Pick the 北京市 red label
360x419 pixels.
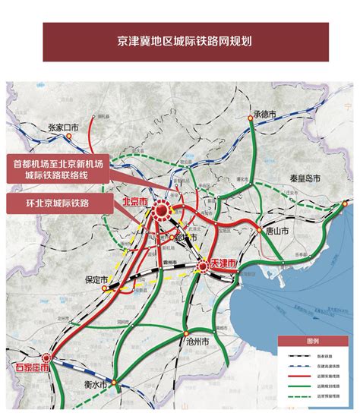coord(137,202)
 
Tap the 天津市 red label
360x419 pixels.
coord(222,261)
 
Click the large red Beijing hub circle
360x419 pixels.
coord(162,213)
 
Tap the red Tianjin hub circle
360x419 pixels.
coord(203,266)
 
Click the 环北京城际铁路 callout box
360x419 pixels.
coord(58,203)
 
